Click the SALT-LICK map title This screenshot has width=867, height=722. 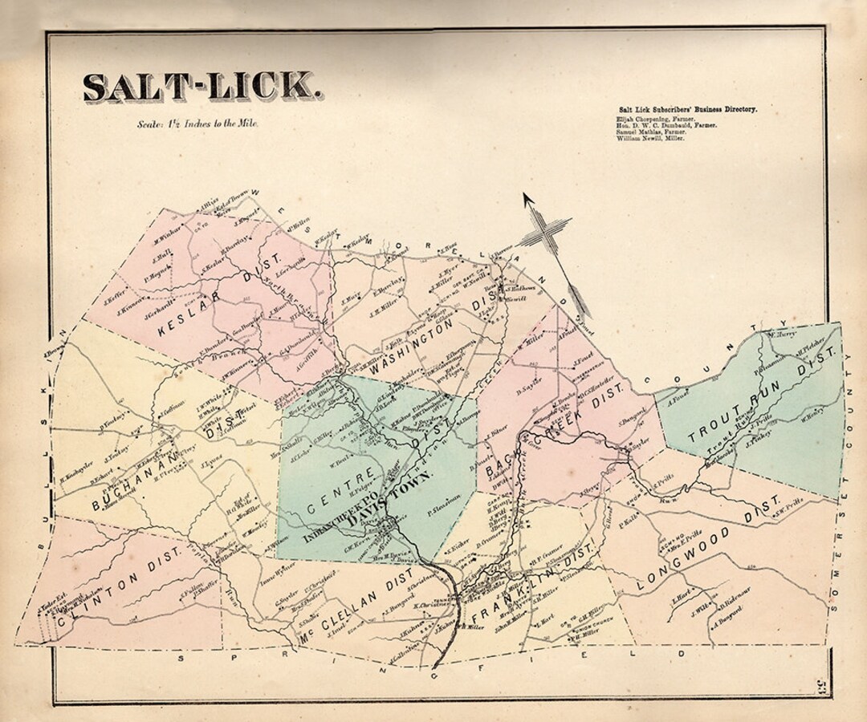[x=203, y=87]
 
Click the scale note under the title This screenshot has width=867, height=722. [x=197, y=125]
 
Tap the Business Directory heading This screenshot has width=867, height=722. [x=687, y=108]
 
